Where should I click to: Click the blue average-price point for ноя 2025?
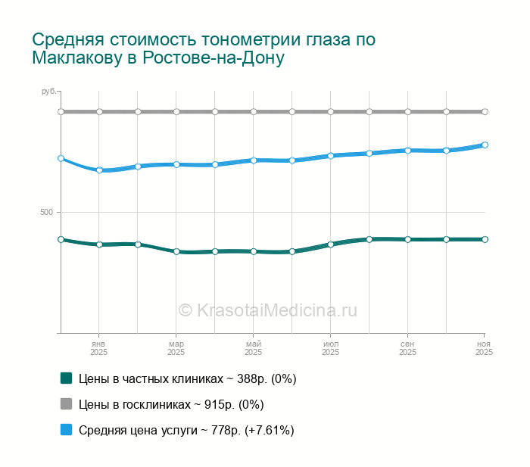point(485,145)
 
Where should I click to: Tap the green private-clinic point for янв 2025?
point(99,244)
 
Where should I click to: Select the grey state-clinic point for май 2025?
point(254,111)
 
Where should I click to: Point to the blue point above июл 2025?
point(331,156)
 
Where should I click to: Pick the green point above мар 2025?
point(176,251)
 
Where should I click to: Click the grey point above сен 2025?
point(408,111)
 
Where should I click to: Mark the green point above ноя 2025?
point(485,239)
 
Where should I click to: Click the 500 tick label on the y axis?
point(46,212)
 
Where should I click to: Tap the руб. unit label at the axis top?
point(48,92)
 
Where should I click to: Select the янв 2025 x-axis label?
point(99,348)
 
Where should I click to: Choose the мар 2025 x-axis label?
point(176,348)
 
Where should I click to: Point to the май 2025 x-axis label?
point(254,348)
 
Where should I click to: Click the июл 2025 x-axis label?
point(331,348)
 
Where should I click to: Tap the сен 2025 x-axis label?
point(408,348)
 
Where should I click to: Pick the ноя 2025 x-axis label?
point(484,348)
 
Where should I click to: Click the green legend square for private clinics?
point(66,378)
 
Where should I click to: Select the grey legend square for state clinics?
point(66,404)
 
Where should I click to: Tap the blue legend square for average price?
point(66,430)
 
